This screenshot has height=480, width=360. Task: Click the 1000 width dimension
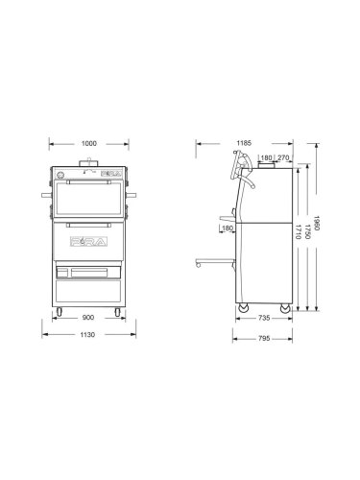coord(88,144)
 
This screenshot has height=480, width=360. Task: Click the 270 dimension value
coord(283,156)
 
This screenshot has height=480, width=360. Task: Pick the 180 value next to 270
coord(265,156)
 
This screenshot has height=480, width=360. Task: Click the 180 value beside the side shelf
coord(226,229)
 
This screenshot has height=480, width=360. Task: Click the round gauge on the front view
coord(61,177)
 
